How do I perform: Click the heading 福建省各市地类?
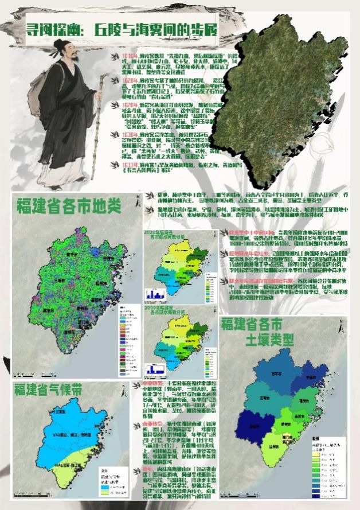(72, 204)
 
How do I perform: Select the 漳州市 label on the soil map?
(269, 445)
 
